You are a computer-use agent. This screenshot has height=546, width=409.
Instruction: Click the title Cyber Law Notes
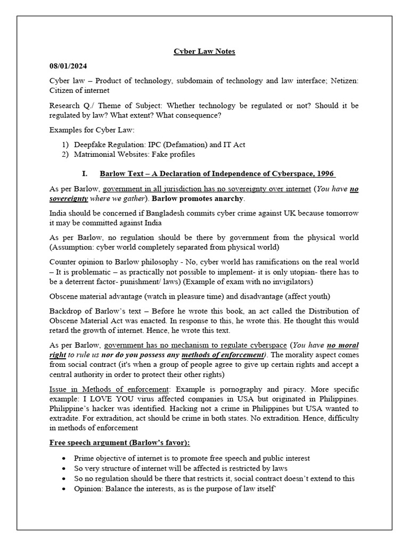tap(204, 52)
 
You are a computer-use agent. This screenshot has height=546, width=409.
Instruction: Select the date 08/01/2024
tap(67, 66)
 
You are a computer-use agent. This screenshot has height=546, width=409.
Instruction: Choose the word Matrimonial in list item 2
tap(94, 155)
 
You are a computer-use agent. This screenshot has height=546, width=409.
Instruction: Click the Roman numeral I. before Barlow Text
tap(84, 174)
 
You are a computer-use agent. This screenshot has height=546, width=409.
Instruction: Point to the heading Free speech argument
tap(119, 443)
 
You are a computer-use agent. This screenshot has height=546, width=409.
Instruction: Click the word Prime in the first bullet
tap(83, 458)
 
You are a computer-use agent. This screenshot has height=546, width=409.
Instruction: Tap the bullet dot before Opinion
tap(64, 488)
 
